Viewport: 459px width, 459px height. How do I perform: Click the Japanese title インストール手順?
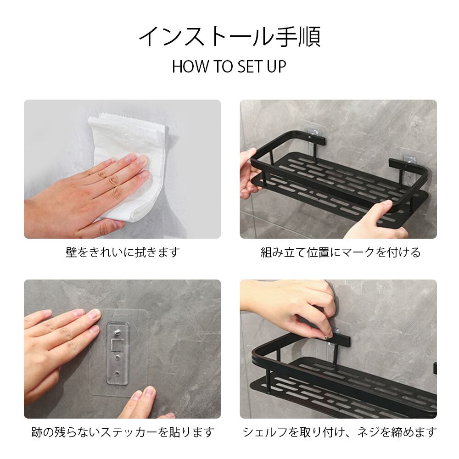229,37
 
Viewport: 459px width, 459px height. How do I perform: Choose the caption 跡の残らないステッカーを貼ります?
123,432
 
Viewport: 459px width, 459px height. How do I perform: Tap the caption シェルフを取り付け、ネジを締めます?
340,432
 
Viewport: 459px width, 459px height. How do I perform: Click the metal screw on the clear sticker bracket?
117,332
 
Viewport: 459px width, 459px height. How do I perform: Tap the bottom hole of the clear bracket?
118,374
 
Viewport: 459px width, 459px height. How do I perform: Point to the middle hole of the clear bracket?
118,358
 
